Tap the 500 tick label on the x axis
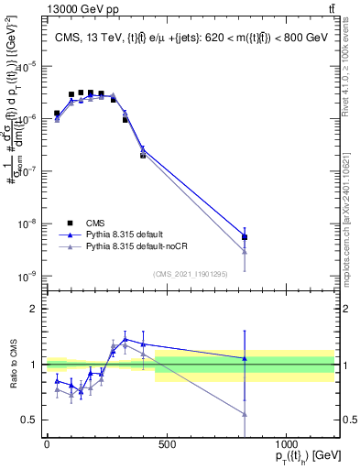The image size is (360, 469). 166,444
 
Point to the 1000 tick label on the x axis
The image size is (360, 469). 286,444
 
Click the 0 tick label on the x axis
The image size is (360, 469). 47,444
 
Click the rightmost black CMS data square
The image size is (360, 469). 245,237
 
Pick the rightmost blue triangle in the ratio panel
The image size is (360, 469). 245,358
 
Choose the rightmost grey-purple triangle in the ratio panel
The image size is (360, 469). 245,414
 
